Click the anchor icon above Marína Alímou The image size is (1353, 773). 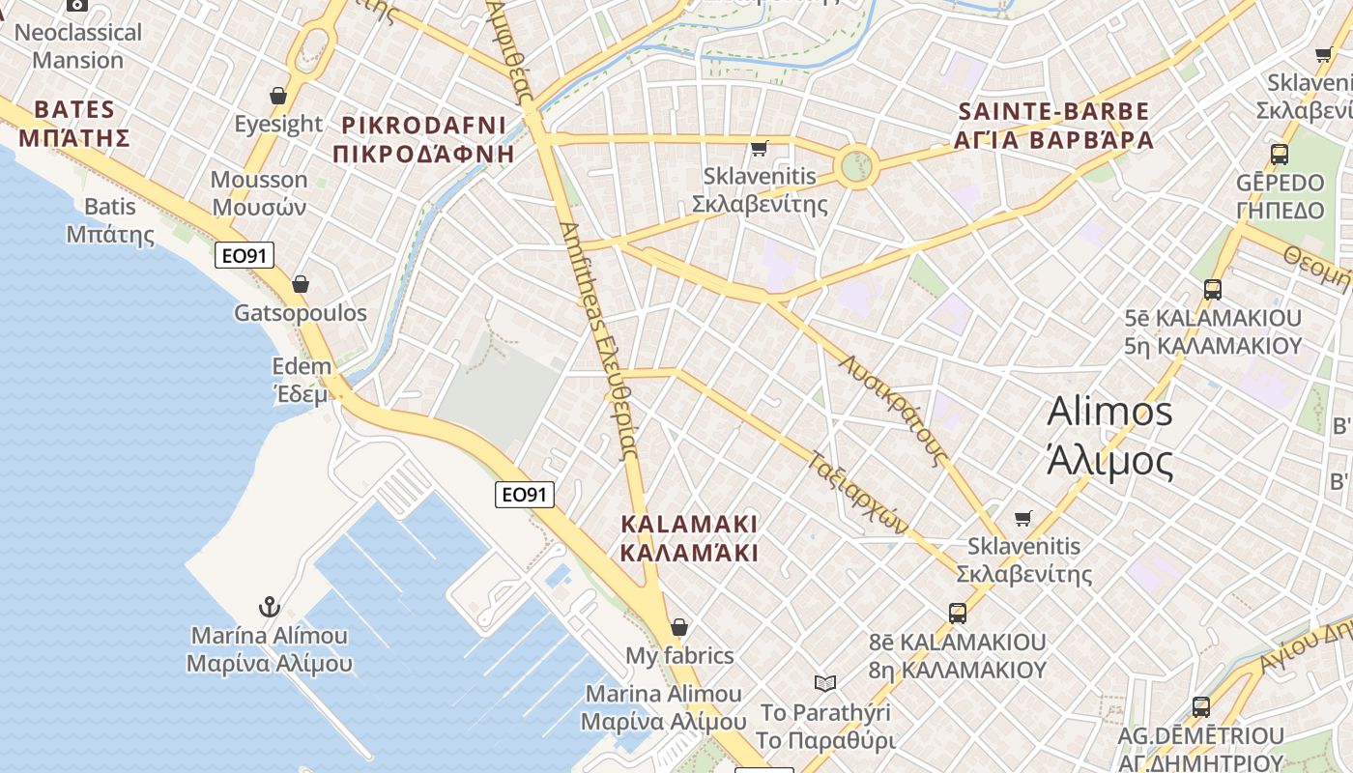(270, 607)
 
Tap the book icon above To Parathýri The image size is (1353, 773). (824, 683)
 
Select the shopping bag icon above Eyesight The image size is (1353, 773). (278, 96)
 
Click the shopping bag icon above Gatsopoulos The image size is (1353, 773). (301, 284)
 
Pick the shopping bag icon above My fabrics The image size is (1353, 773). (679, 627)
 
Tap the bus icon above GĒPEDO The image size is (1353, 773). (1280, 154)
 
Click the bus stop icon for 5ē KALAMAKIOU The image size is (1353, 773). (1212, 289)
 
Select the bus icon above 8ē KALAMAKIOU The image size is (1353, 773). (958, 613)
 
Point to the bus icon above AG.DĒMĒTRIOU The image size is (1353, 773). (1201, 707)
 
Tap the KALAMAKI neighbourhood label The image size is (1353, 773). (688, 538)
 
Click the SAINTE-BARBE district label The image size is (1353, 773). (1053, 126)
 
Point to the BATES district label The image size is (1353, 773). (74, 123)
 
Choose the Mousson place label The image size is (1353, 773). (259, 193)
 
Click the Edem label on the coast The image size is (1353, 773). (302, 380)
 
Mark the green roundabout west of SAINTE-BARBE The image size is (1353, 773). (855, 167)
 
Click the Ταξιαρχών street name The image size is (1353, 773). (858, 493)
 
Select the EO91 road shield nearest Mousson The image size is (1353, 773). (245, 255)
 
